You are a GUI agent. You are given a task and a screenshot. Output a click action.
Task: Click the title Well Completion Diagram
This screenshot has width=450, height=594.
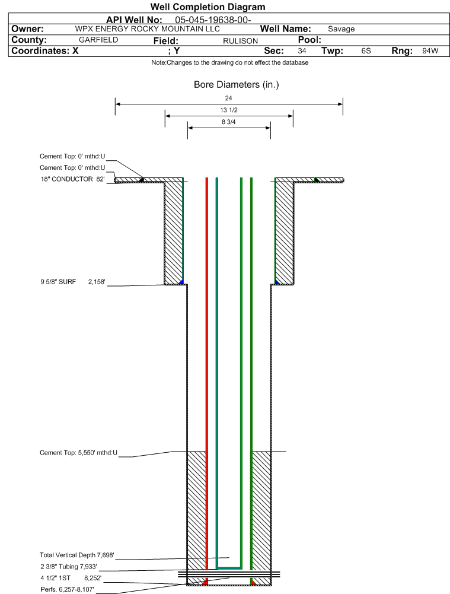(x=208, y=7)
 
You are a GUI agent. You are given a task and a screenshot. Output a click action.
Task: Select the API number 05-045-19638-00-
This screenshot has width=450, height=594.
(x=213, y=20)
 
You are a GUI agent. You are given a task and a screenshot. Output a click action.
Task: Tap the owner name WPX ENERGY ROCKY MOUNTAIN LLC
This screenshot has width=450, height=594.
(x=147, y=29)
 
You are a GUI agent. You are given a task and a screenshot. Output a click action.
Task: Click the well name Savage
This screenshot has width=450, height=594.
(x=342, y=29)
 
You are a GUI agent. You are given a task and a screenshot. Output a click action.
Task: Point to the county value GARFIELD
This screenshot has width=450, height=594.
(x=98, y=40)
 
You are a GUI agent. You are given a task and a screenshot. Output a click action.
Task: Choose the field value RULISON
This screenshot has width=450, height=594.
(x=240, y=41)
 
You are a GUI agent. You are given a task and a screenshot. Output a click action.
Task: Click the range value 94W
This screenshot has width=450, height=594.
(x=430, y=51)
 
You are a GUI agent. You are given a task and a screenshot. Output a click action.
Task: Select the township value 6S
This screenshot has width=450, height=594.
(x=366, y=51)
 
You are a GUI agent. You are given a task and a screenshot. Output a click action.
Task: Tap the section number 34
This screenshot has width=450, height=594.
(x=302, y=51)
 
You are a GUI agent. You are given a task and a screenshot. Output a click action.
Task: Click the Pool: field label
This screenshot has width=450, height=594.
(x=309, y=40)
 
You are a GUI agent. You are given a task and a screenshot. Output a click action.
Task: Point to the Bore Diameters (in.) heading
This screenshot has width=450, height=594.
(x=236, y=84)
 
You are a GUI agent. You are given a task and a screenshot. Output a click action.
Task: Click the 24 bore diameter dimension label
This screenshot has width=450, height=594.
(x=229, y=98)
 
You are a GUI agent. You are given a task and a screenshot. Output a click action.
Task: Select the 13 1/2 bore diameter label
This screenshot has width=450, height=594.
(x=229, y=110)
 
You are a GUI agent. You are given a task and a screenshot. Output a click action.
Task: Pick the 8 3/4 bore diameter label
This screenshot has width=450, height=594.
(x=229, y=122)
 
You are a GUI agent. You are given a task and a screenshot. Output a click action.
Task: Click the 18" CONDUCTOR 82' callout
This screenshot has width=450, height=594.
(x=73, y=179)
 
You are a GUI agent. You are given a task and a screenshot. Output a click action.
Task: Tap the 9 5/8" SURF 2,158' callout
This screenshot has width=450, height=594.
(x=73, y=282)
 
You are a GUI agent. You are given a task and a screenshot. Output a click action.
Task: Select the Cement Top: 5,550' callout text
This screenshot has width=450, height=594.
(x=78, y=453)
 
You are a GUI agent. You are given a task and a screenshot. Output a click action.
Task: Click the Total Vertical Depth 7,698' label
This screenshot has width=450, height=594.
(x=77, y=555)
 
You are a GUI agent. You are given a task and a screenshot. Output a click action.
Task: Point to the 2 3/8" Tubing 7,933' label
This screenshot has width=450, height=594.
(x=69, y=567)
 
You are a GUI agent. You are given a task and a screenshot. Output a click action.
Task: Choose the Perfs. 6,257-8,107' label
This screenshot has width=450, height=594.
(x=68, y=589)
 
